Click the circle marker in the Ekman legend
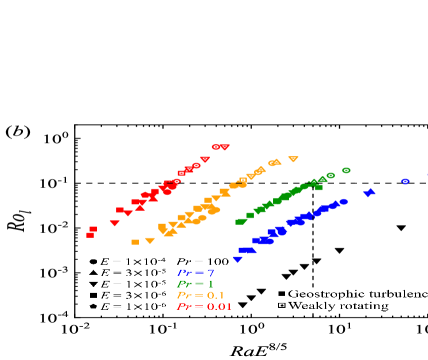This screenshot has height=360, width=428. [92, 261]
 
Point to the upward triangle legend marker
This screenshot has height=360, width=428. [92, 272]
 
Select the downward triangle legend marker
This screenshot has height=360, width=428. [92, 283]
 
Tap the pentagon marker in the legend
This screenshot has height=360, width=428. [92, 305]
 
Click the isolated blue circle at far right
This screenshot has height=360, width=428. [405, 181]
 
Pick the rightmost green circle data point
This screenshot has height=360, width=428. [346, 170]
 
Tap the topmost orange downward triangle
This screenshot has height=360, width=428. [293, 159]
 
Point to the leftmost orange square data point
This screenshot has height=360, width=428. [135, 242]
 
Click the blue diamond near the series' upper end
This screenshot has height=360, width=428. [370, 192]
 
